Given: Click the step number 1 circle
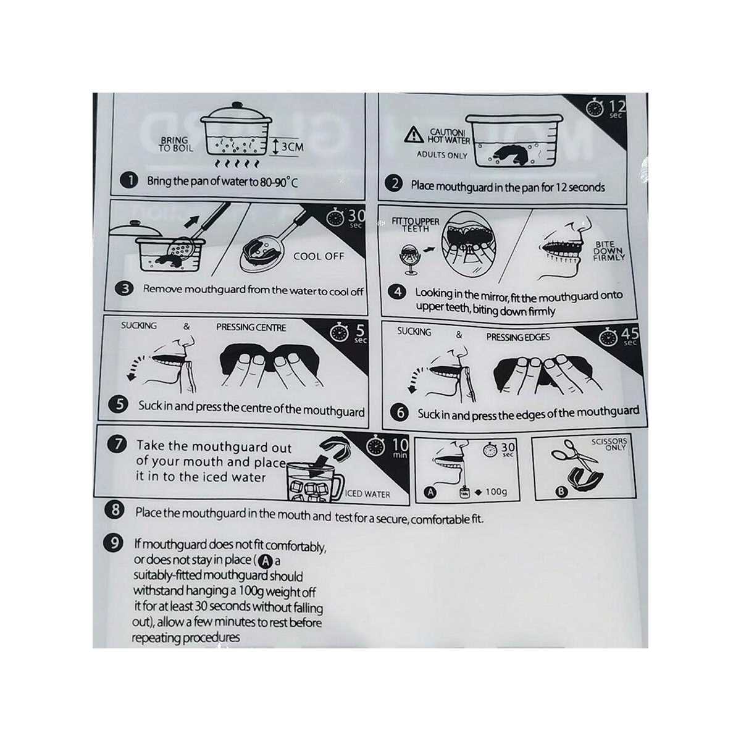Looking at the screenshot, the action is tap(129, 180).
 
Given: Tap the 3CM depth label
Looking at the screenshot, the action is tap(292, 146).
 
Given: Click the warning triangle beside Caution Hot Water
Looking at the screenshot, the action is tap(414, 135).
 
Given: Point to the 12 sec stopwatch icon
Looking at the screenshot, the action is tap(595, 107).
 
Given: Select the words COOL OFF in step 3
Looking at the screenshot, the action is tap(319, 256).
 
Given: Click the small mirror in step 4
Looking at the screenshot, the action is tap(409, 259).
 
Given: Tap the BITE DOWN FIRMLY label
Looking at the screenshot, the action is tap(609, 251).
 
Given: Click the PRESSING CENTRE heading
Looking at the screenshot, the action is tap(251, 327).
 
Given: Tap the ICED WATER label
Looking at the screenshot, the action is tap(367, 494).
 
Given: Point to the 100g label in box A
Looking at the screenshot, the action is tap(496, 492).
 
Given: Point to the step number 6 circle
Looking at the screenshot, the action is tap(400, 413).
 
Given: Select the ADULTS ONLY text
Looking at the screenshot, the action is tap(442, 155).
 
